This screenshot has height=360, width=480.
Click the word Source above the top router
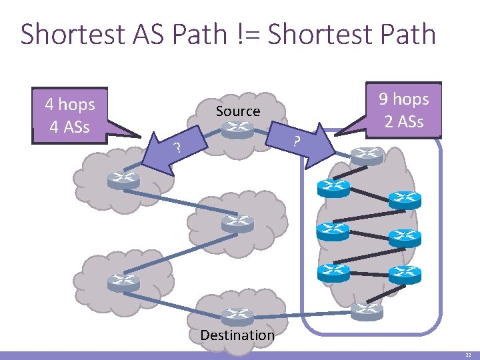point(237,111)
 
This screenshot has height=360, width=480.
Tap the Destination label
point(237,335)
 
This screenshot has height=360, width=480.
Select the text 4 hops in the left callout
point(70,105)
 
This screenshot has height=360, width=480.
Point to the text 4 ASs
point(70,126)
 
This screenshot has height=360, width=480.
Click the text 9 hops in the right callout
point(403,99)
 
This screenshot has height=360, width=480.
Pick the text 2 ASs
point(403,121)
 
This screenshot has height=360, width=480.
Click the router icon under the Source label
point(237,131)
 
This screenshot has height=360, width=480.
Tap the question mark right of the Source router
point(297,141)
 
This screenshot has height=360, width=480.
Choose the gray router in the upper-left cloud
point(123,180)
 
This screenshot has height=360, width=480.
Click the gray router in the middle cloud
point(237,223)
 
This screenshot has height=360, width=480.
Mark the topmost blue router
point(333,188)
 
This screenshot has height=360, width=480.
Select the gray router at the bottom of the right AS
point(367,309)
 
